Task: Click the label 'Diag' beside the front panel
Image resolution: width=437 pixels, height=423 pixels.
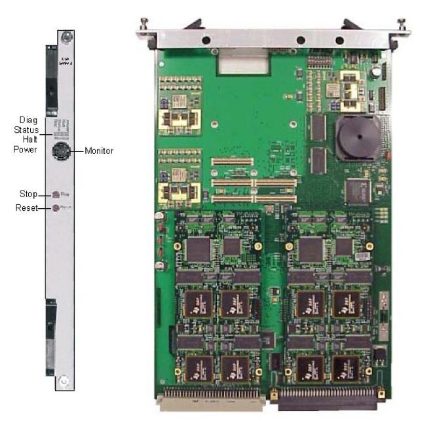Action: coord(28,120)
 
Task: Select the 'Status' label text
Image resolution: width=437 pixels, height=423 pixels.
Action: coord(26,130)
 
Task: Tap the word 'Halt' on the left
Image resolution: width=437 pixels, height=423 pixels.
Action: coord(29,139)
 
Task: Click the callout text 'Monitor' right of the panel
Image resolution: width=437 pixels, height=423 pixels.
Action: coord(99,151)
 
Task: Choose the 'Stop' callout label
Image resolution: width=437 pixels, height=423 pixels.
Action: coord(27,194)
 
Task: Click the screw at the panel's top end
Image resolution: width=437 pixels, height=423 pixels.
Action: coord(64,38)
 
